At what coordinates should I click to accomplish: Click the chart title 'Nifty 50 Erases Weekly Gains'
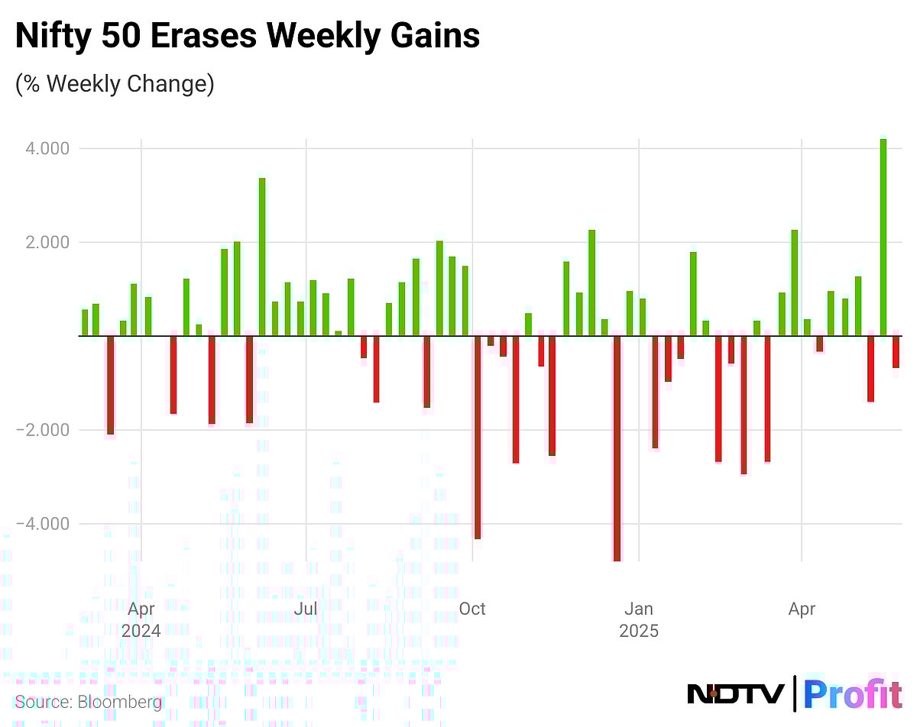click(248, 36)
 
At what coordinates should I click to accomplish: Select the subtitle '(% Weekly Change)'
click(115, 82)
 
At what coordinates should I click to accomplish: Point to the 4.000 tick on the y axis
click(47, 148)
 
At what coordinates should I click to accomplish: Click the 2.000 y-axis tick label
click(47, 242)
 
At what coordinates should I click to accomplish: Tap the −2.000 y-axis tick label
click(44, 430)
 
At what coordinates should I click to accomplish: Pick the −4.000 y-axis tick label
click(44, 524)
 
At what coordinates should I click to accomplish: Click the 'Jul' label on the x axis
click(306, 609)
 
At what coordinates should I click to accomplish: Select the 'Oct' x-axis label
click(472, 609)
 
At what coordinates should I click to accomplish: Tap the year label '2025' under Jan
click(639, 632)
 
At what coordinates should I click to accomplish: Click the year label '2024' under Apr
click(141, 632)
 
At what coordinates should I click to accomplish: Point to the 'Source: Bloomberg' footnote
click(89, 701)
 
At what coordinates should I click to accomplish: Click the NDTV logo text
click(735, 693)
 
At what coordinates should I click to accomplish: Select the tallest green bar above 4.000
click(883, 237)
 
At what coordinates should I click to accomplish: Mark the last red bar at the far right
click(896, 352)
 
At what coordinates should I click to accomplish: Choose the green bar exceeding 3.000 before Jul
click(262, 257)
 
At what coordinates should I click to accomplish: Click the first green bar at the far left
click(85, 322)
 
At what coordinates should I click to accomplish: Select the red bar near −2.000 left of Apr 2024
click(111, 385)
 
